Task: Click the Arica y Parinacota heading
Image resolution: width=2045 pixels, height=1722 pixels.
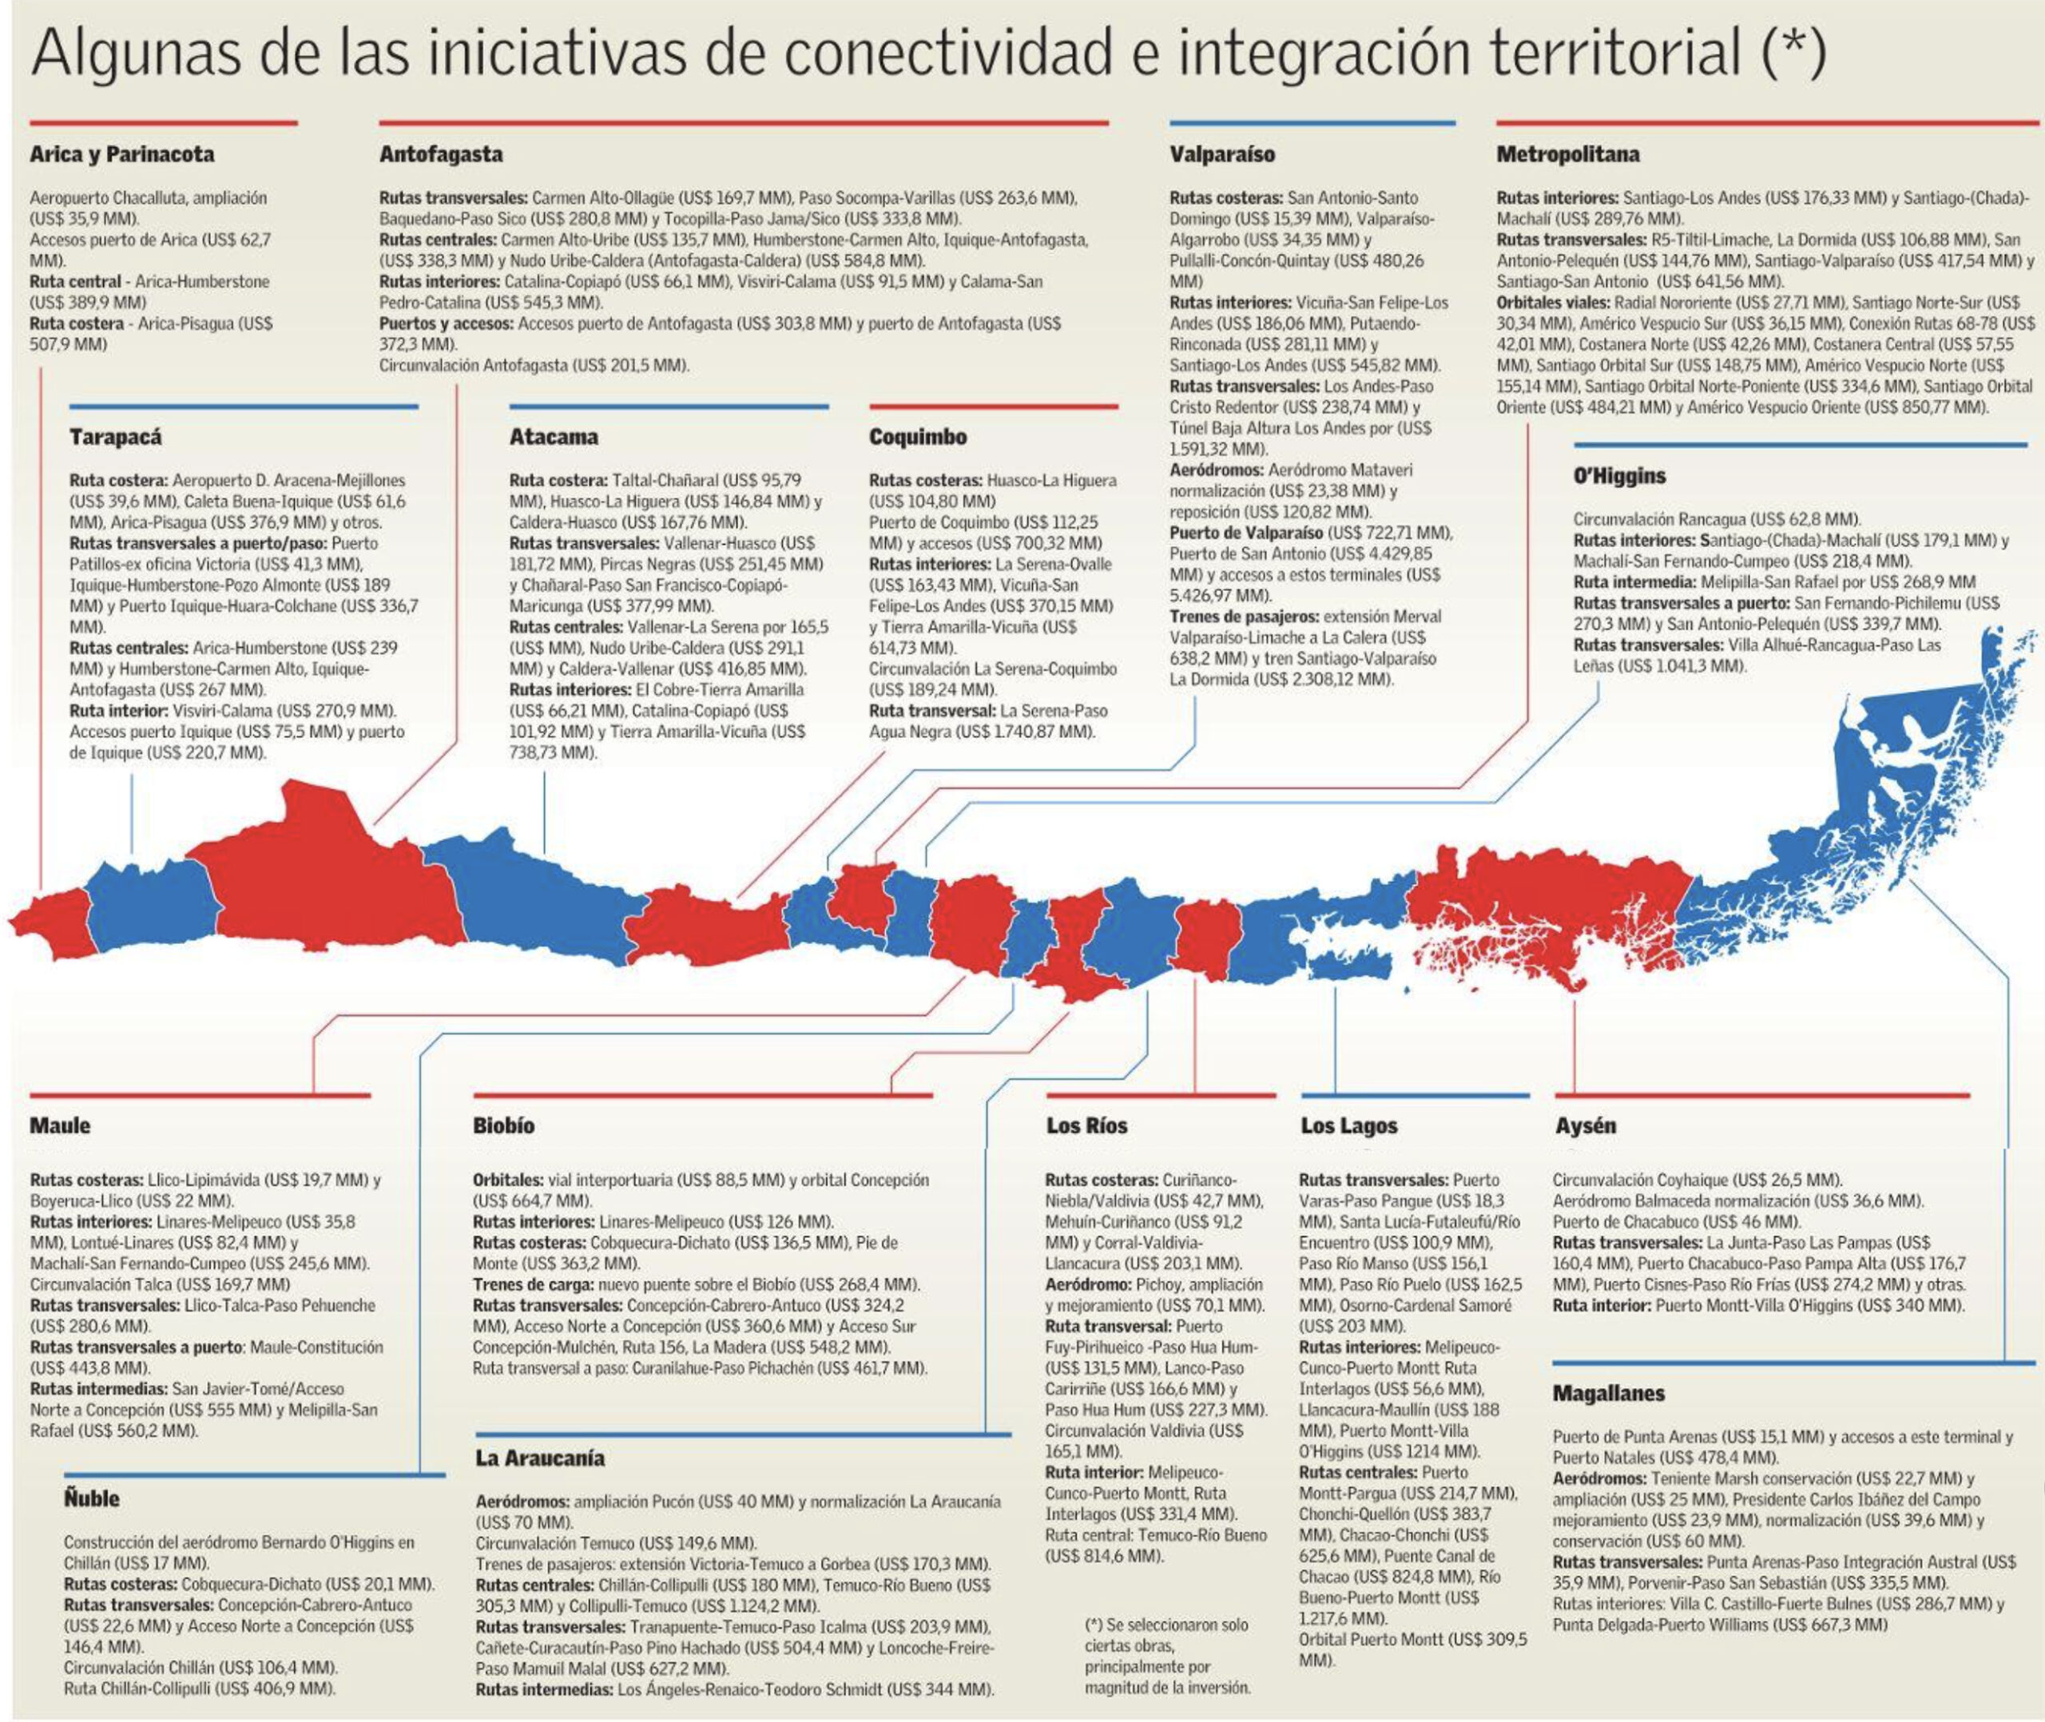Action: [122, 154]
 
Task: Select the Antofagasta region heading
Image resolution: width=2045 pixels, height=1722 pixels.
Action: [441, 154]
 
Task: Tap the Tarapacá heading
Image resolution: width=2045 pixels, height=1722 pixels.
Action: [115, 438]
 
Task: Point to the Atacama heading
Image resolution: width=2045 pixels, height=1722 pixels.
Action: [554, 438]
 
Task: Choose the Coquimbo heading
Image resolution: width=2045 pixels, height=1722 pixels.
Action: [918, 438]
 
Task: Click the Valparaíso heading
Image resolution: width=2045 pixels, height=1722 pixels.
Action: [1222, 154]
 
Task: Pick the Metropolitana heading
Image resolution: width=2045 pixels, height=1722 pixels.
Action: [1567, 154]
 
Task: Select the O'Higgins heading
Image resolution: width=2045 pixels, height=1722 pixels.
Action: [1619, 476]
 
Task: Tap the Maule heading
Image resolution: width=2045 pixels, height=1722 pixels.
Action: [60, 1125]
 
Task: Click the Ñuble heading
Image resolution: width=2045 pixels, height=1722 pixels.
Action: [92, 1498]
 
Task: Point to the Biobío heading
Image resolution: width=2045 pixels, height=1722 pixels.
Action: [504, 1125]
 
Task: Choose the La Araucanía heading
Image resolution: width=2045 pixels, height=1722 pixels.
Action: [540, 1458]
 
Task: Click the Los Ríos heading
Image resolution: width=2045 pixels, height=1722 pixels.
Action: [1086, 1125]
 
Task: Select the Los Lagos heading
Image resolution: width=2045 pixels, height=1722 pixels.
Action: [1348, 1125]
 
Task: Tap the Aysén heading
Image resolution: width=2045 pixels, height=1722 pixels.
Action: [1585, 1125]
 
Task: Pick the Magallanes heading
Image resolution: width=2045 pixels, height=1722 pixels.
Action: [1608, 1393]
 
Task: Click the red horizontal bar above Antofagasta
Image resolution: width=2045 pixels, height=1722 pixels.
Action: [744, 123]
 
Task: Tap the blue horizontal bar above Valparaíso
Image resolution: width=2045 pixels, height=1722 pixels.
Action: [1312, 123]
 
